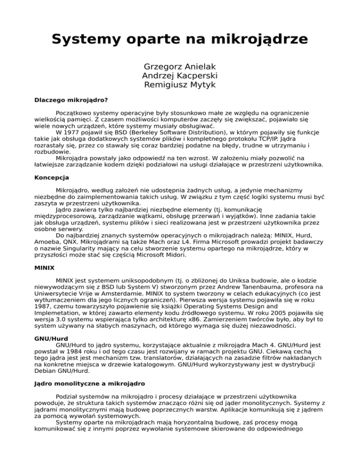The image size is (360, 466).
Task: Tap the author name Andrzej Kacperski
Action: (x=180, y=75)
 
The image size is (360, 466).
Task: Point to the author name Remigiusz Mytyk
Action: (x=180, y=86)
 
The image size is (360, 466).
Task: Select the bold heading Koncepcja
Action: (x=52, y=178)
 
